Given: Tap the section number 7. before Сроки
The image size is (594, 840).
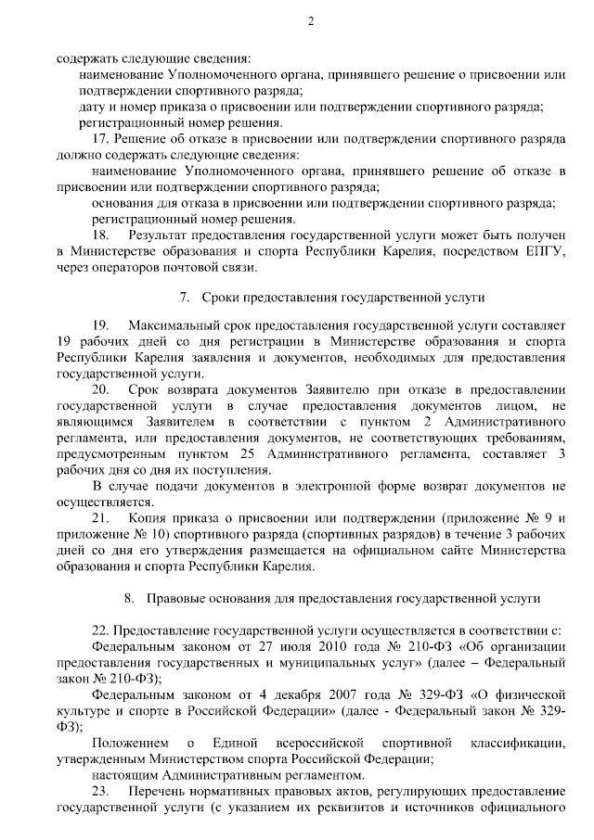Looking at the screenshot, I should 185,298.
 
